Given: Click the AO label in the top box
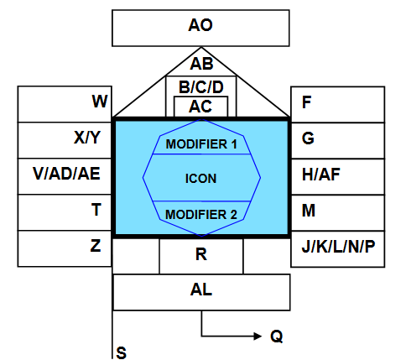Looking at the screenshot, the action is pyautogui.click(x=200, y=25).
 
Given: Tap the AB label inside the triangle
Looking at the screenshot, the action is pyautogui.click(x=201, y=64).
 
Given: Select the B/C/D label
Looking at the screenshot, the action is pyautogui.click(x=201, y=87).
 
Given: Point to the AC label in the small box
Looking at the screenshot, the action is pyautogui.click(x=200, y=107).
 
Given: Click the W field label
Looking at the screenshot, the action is pyautogui.click(x=100, y=102).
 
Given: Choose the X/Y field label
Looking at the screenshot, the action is pyautogui.click(x=87, y=138).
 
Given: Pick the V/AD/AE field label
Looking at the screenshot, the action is pyautogui.click(x=66, y=174).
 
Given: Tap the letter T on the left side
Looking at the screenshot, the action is pyautogui.click(x=96, y=210).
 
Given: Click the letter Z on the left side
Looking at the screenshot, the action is pyautogui.click(x=96, y=246).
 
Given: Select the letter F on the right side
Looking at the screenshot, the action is pyautogui.click(x=306, y=102).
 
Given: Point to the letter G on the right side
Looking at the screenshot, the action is pyautogui.click(x=308, y=138).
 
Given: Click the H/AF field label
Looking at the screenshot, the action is pyautogui.click(x=321, y=175).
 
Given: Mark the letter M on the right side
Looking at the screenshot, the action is pyautogui.click(x=309, y=211).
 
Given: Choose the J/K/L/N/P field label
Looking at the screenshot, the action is pyautogui.click(x=338, y=247).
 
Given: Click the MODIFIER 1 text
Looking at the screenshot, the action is pyautogui.click(x=201, y=144).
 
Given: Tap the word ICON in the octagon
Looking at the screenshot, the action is pyautogui.click(x=200, y=179).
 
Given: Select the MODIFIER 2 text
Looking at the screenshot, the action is pyautogui.click(x=201, y=215).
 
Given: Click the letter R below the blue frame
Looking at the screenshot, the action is pyautogui.click(x=201, y=254).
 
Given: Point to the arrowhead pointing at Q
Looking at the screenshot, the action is pyautogui.click(x=258, y=336).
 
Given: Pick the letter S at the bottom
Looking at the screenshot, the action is pyautogui.click(x=121, y=352).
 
